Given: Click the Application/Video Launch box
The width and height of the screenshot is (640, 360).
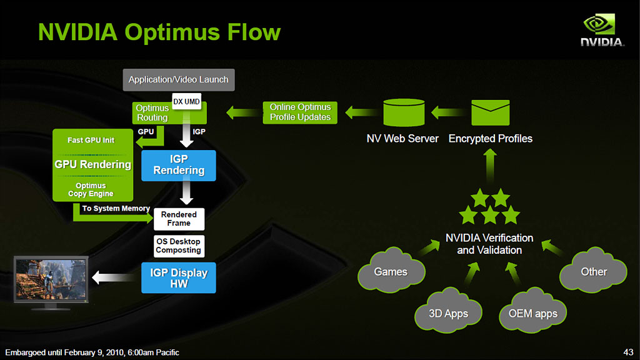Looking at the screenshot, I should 178,79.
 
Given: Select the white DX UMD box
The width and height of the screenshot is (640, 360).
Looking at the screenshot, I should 186,102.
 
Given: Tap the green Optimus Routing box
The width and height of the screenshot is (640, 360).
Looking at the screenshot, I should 152,113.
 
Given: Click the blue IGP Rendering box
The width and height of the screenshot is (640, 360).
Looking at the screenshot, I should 179,166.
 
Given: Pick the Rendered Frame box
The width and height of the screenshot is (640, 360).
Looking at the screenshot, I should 179,219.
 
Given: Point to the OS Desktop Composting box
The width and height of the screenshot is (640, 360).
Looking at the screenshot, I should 179,246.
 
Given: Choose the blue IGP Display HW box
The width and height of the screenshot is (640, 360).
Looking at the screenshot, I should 179,278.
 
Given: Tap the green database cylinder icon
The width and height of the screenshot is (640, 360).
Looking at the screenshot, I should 403,112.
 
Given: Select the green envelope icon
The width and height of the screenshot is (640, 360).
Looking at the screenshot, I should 490,112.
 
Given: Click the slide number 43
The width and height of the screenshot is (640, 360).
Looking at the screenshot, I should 629,352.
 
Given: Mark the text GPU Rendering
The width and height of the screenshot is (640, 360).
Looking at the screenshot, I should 93,164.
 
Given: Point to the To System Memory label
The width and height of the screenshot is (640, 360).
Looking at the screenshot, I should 116,208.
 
